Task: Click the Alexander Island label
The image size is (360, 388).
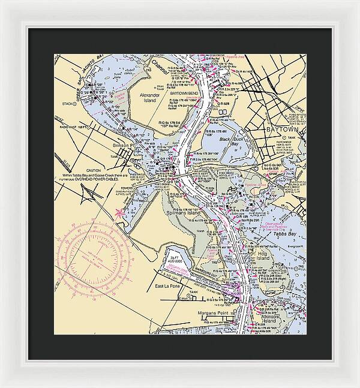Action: point(149,98)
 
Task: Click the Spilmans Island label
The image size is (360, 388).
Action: point(184,213)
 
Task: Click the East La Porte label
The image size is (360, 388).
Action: point(168,287)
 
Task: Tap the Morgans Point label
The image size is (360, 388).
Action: point(213,313)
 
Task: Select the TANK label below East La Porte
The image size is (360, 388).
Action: point(193,292)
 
